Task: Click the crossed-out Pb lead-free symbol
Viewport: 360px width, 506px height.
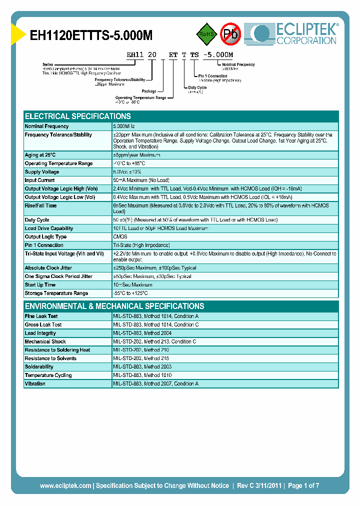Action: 230,34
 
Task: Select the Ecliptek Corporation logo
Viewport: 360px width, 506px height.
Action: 295,33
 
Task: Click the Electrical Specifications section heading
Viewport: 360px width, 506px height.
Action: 77,116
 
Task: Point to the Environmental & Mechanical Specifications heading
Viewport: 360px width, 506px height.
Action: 114,306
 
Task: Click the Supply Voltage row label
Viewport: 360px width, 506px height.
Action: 42,172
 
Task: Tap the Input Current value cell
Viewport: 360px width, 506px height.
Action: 141,180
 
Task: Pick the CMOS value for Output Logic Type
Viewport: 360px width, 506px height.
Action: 120,236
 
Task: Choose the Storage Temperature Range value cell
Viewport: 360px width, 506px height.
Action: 130,293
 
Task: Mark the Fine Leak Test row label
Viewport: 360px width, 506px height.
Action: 41,316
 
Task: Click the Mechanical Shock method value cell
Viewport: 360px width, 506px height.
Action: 154,341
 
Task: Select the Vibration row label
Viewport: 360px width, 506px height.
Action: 35,383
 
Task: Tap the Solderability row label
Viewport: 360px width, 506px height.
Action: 39,367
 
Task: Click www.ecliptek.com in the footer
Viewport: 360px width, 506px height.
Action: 65,485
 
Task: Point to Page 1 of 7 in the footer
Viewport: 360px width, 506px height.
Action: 303,485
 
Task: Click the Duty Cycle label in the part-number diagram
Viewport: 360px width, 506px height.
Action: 197,87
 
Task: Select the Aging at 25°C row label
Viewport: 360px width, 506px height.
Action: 40,155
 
